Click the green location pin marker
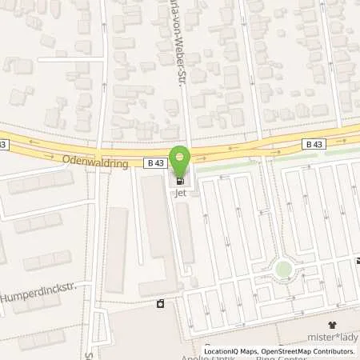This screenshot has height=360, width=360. click(x=182, y=158)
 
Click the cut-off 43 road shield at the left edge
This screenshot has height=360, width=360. click(x=4, y=144)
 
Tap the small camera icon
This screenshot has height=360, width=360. click(x=161, y=304)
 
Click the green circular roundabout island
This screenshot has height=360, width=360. click(x=283, y=269)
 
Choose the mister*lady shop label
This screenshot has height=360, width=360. click(x=333, y=337)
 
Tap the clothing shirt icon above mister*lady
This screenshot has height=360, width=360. click(x=333, y=325)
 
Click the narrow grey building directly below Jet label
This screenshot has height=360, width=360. click(x=185, y=232)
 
